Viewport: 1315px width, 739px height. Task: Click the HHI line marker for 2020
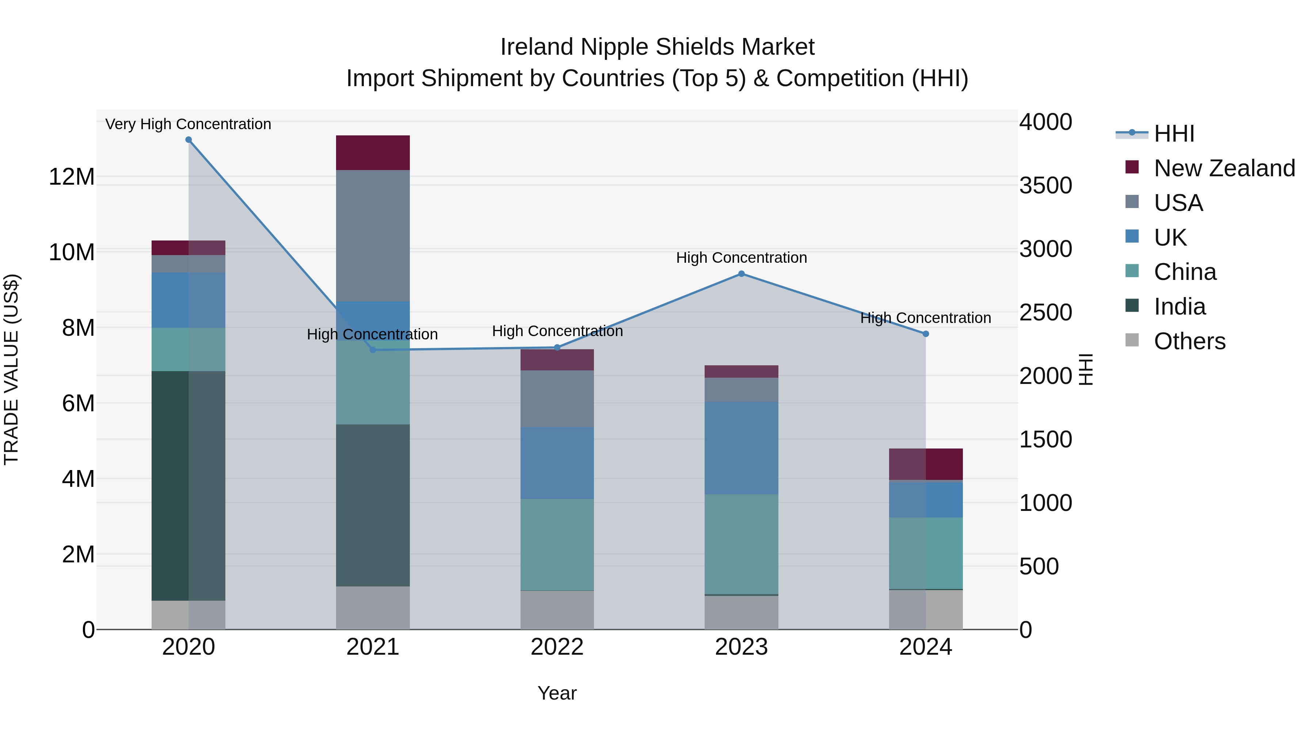[x=188, y=140]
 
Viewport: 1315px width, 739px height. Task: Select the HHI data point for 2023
[x=741, y=274]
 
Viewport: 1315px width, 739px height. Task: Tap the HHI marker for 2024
[x=926, y=334]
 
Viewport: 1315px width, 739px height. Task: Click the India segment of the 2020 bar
[x=188, y=485]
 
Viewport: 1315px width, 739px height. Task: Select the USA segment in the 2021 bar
[x=373, y=236]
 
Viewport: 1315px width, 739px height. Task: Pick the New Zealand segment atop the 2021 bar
[x=373, y=153]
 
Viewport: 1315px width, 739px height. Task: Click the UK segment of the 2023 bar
[x=741, y=448]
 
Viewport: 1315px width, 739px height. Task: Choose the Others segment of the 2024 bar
[x=926, y=609]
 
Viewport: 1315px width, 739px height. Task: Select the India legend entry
[x=1179, y=307]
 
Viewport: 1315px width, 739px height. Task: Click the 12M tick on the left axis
[x=72, y=177]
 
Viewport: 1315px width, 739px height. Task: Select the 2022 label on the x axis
[x=557, y=647]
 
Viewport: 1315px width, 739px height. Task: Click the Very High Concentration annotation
[x=188, y=124]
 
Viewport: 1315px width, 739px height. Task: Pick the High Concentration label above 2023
[x=741, y=258]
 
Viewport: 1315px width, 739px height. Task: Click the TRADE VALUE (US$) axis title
[x=11, y=369]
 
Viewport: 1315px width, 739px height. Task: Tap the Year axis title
[x=557, y=693]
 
